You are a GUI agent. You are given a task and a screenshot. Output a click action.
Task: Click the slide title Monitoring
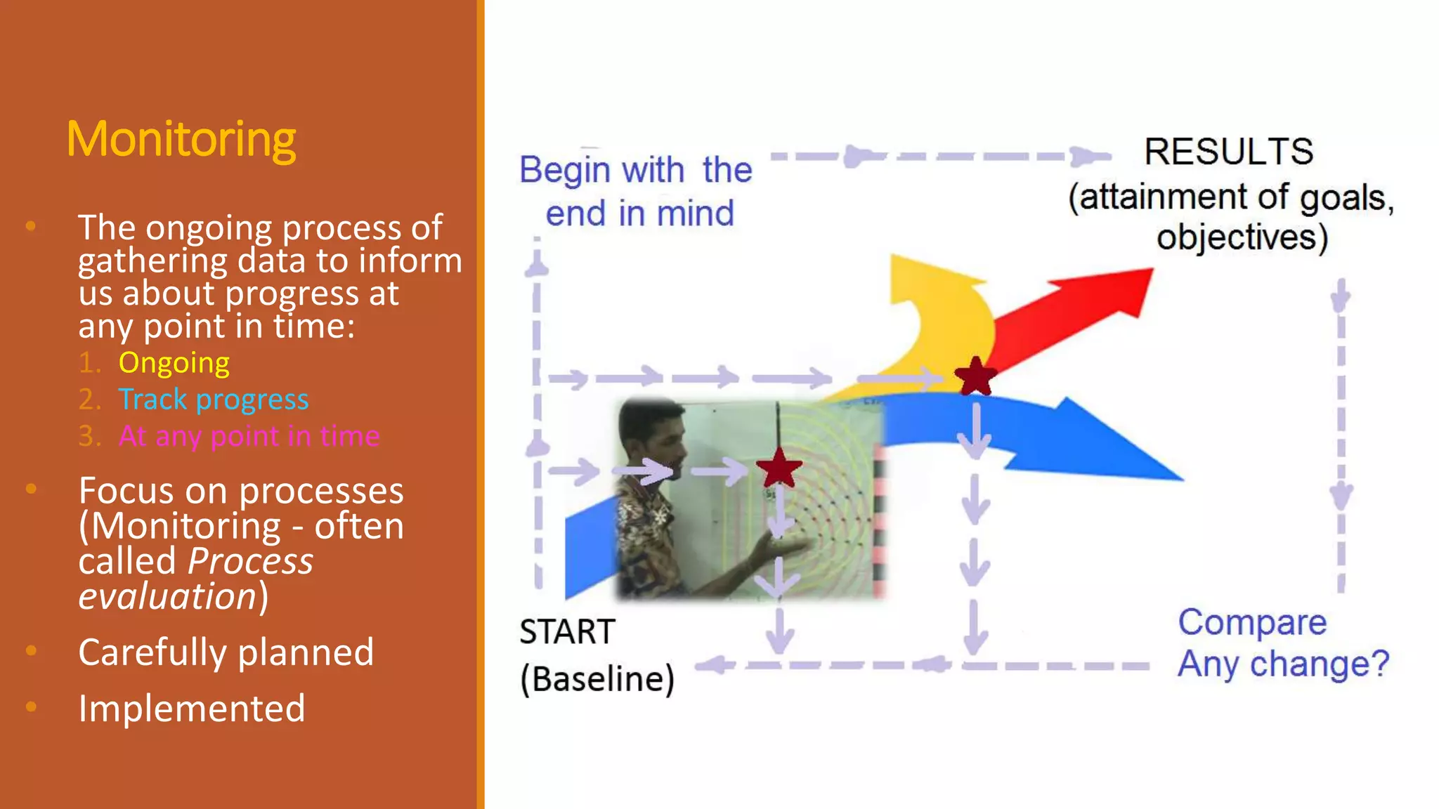(x=181, y=139)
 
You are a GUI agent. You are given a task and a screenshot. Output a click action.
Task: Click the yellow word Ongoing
(x=174, y=363)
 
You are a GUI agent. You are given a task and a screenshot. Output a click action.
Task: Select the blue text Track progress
(x=213, y=400)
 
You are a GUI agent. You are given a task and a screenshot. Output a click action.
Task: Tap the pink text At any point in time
(x=249, y=436)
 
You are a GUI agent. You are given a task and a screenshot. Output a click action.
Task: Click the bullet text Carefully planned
(x=226, y=652)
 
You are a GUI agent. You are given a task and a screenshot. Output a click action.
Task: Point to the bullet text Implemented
(x=191, y=709)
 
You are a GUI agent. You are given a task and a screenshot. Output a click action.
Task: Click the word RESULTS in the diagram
(x=1228, y=152)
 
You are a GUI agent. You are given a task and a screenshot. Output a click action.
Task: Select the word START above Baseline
(x=567, y=631)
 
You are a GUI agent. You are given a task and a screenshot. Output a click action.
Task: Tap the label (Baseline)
(x=597, y=679)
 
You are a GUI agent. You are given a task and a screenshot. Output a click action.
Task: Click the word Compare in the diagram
(x=1252, y=622)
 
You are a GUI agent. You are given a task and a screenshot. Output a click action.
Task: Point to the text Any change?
(x=1283, y=664)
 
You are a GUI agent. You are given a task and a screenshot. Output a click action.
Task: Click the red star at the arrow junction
(x=975, y=377)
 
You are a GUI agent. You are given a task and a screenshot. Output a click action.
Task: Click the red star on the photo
(x=779, y=468)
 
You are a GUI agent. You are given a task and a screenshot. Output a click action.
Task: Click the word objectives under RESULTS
(x=1241, y=237)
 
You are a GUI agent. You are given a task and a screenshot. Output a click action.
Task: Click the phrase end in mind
(x=639, y=213)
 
